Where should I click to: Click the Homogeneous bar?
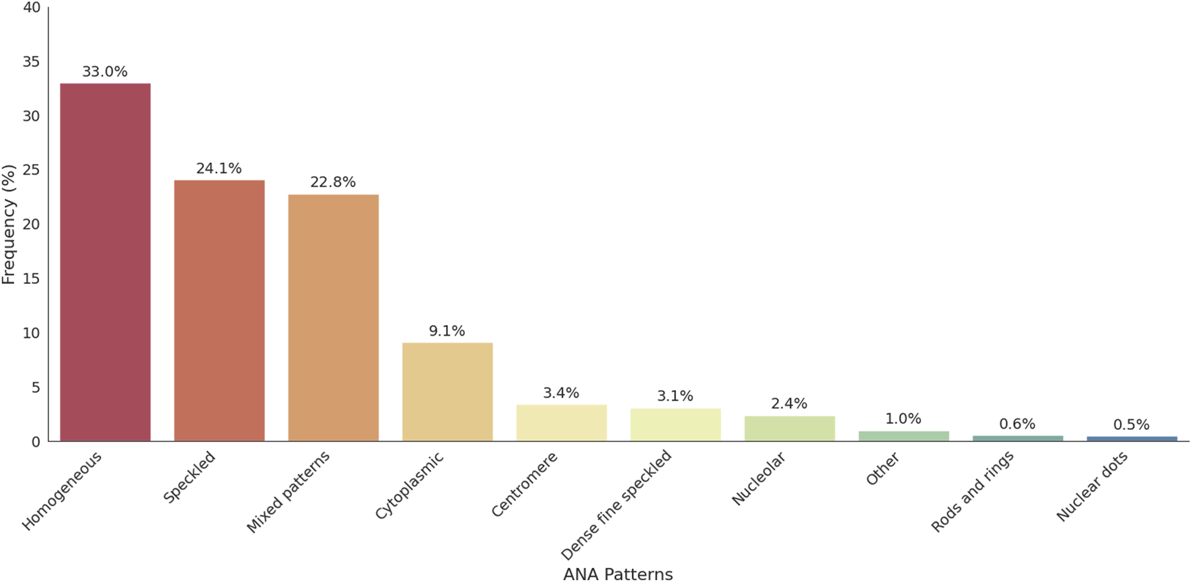tap(105, 262)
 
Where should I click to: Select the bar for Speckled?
tap(219, 311)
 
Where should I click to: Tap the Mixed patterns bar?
tap(333, 318)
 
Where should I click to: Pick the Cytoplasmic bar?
tap(447, 392)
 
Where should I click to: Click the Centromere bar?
tap(561, 423)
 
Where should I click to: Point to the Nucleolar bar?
tap(789, 429)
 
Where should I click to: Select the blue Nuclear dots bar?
tap(1131, 439)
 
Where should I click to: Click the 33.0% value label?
tap(105, 72)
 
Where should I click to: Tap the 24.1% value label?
tap(219, 169)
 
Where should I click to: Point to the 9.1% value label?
tap(447, 331)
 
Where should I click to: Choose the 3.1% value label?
tap(675, 396)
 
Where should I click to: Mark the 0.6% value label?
tap(1017, 424)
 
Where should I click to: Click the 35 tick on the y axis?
tap(31, 62)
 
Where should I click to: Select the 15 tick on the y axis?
tap(31, 279)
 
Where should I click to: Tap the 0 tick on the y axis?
tap(35, 442)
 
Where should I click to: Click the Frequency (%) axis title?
tap(9, 224)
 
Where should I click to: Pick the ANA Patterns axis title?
tap(618, 574)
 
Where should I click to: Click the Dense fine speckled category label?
tap(616, 505)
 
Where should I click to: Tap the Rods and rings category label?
tap(973, 491)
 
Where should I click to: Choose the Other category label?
tap(883, 469)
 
